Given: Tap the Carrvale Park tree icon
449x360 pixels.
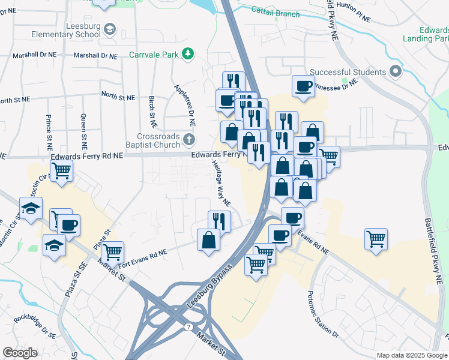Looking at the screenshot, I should click(x=188, y=54).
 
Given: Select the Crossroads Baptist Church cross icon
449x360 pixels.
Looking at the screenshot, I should click(x=189, y=140).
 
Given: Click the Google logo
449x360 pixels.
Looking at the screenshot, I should click(x=20, y=352).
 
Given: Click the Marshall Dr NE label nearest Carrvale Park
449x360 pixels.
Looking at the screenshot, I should click(x=95, y=55).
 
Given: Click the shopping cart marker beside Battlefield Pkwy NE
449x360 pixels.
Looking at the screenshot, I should click(x=376, y=239).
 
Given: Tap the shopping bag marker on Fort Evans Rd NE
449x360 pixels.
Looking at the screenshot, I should click(x=208, y=240).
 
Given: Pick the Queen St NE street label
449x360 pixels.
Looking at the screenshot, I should click(x=84, y=131).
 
